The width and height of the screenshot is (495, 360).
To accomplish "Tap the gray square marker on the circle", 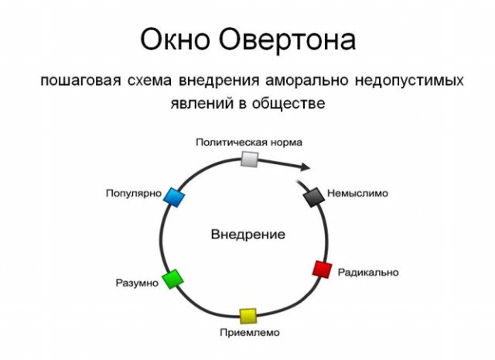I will point(249,159).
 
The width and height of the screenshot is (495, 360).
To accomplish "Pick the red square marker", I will point(321,269).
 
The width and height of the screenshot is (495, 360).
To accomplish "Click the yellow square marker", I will point(247,315).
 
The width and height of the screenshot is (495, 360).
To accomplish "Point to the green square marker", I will point(172,279).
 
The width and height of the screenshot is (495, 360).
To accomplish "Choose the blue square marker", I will point(176,197).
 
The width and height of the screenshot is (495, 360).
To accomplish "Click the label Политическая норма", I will point(248,142).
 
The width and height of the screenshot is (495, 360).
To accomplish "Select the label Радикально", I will point(367,273).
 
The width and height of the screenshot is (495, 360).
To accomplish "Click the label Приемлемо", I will point(247,333).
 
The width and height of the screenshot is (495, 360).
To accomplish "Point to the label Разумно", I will point(137,283).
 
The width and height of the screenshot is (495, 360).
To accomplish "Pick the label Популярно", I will point(133,193).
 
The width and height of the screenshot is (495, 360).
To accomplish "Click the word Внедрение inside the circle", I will point(247,235).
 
